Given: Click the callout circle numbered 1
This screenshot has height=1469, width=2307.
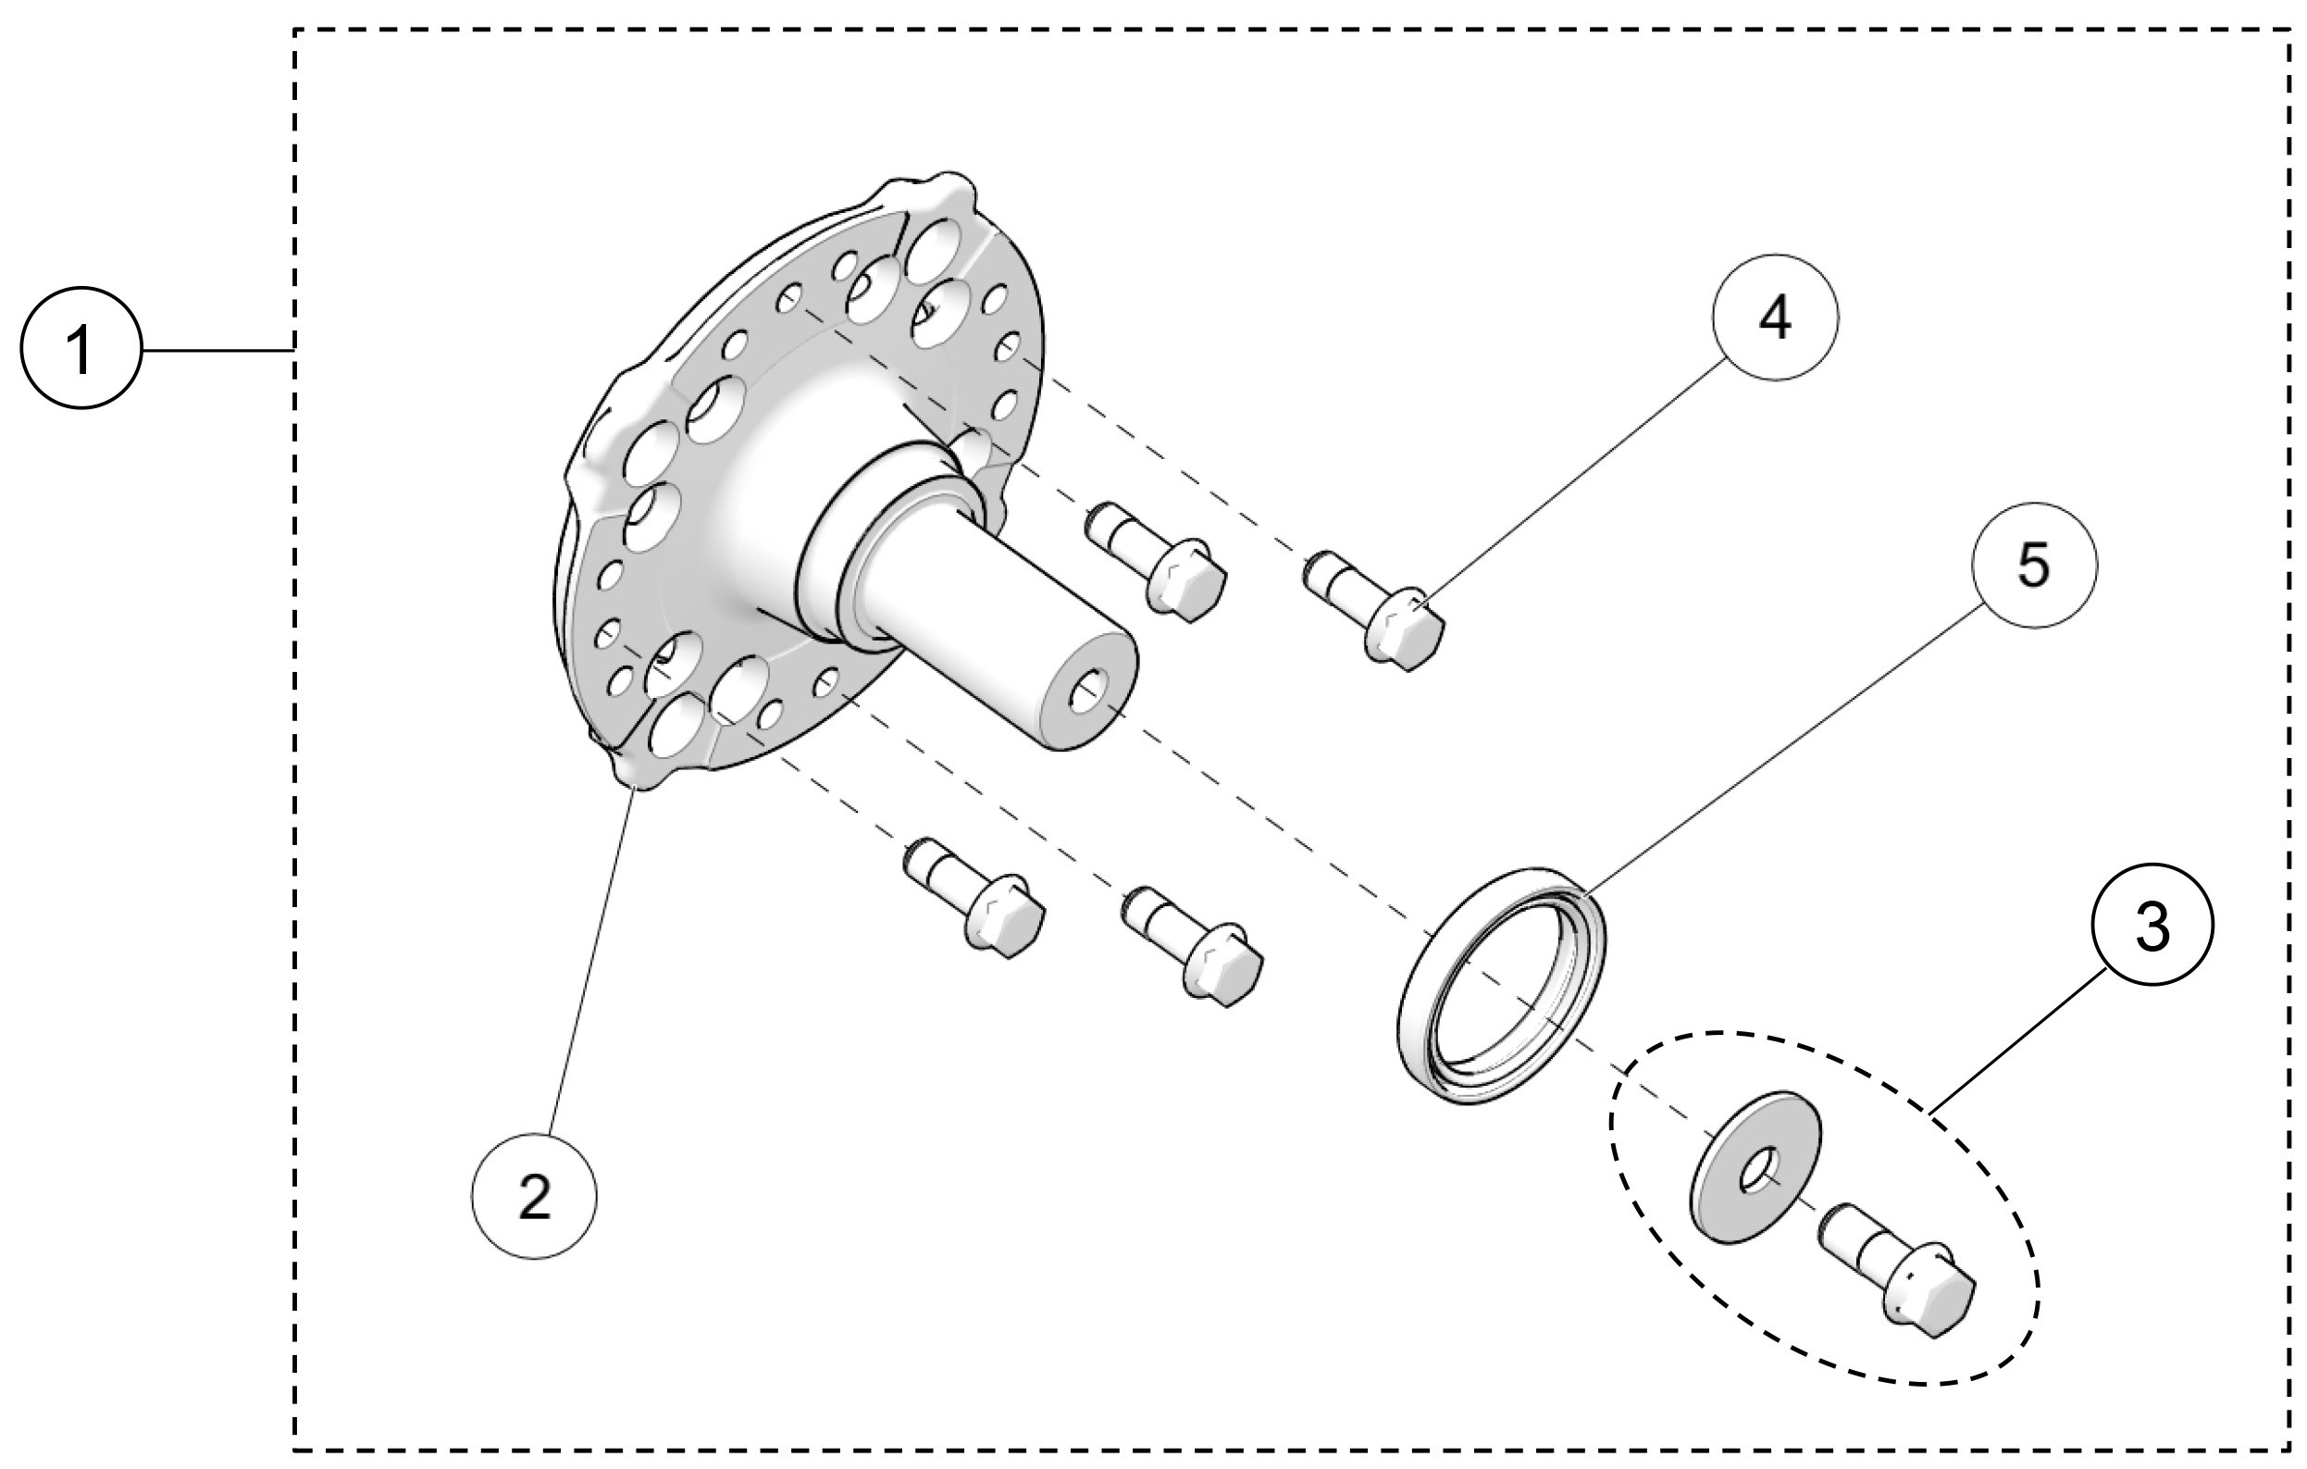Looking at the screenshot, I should [81, 350].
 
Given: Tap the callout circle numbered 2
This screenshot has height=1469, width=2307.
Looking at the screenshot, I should [534, 1196].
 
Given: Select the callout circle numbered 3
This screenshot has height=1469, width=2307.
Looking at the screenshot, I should [2152, 926].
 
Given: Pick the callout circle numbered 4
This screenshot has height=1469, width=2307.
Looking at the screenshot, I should [1775, 317].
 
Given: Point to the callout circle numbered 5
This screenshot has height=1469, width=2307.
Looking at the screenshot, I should [2033, 566].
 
